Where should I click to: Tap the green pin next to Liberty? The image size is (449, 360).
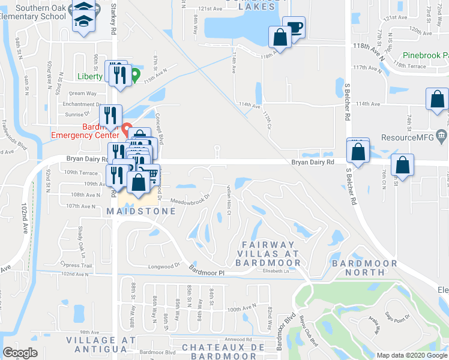(x=136, y=76)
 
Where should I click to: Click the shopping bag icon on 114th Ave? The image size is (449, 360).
(x=437, y=100)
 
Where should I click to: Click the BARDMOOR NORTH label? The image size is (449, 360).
(x=364, y=268)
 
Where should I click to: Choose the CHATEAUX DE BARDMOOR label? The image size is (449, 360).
(x=223, y=352)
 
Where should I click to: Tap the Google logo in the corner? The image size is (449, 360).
(x=20, y=353)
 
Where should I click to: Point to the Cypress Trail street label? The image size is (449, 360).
(x=77, y=265)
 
